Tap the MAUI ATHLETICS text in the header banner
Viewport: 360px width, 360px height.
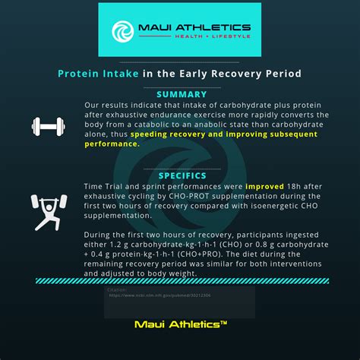pos(194,27)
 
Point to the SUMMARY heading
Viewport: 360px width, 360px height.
pos(182,94)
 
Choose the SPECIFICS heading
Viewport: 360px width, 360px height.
pos(182,175)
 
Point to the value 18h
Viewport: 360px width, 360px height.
pos(295,186)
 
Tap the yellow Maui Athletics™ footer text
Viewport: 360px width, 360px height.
pos(181,324)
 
